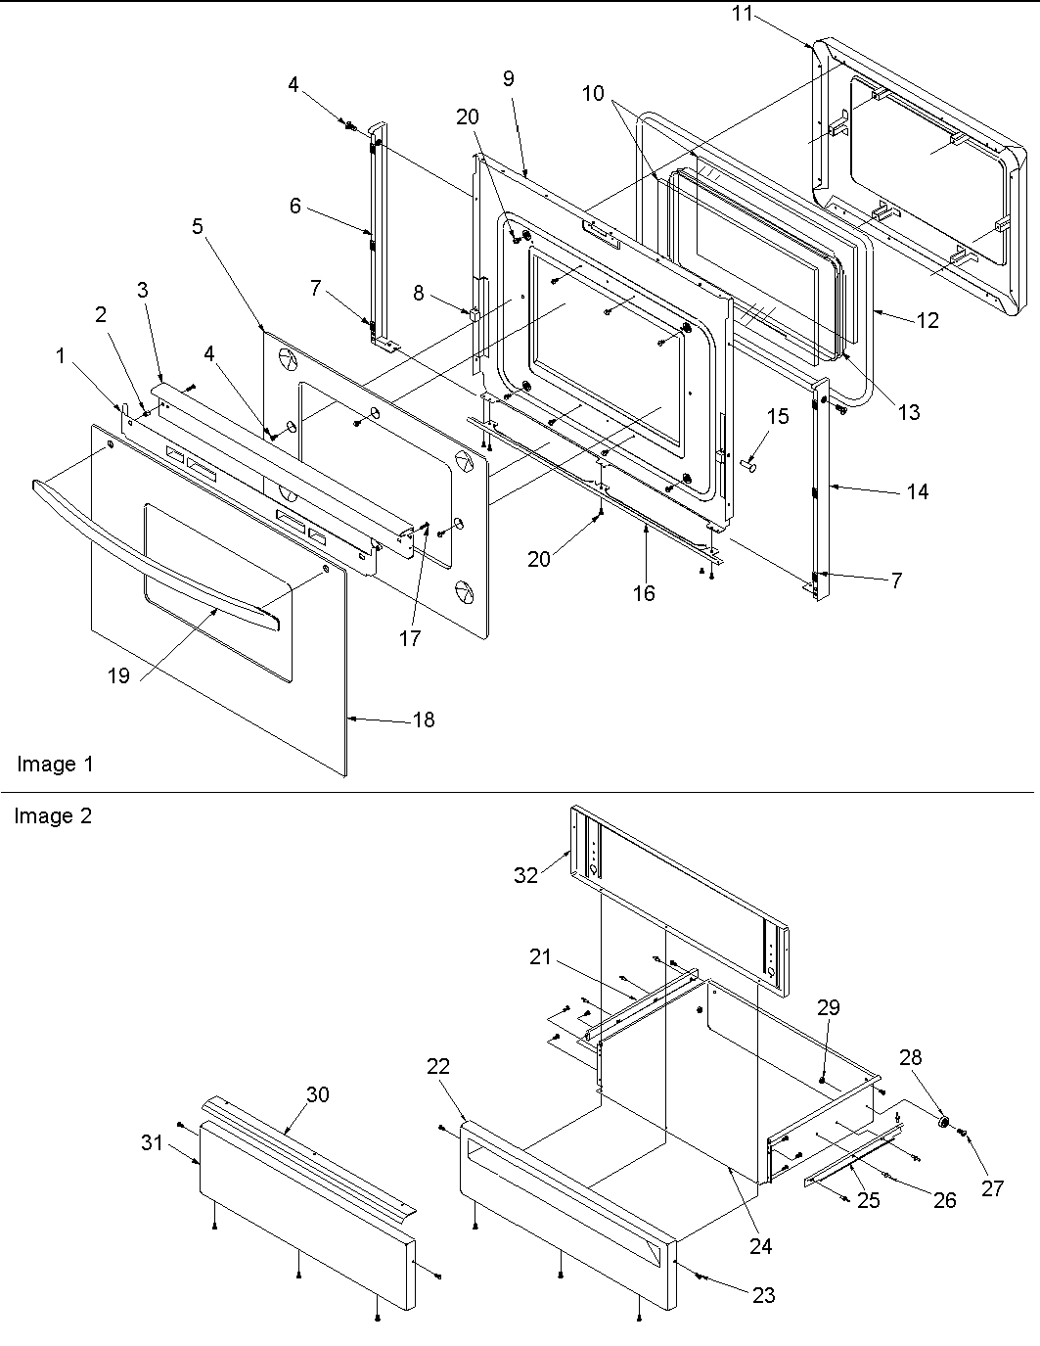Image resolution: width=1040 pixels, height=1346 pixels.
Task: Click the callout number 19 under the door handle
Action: pyautogui.click(x=118, y=676)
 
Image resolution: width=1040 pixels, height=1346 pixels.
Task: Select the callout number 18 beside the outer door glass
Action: pyautogui.click(x=423, y=719)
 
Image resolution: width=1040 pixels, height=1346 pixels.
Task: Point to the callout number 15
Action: pyautogui.click(x=777, y=418)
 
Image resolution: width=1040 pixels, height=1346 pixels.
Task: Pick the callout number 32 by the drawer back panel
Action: pyautogui.click(x=526, y=875)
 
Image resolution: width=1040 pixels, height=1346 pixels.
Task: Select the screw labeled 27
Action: pyautogui.click(x=964, y=1133)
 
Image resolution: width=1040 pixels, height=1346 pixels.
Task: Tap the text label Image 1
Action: pyautogui.click(x=55, y=764)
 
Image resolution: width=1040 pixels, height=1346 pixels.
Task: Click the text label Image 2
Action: pyautogui.click(x=53, y=815)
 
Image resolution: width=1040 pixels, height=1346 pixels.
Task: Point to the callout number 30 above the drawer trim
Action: pyautogui.click(x=318, y=1095)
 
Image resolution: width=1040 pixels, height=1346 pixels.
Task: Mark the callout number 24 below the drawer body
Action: pyautogui.click(x=760, y=1245)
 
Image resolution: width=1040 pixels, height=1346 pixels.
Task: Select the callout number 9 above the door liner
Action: pyautogui.click(x=509, y=78)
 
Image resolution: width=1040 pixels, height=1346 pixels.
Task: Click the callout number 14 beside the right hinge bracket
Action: pyautogui.click(x=917, y=491)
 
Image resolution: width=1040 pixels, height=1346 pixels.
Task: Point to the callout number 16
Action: pyautogui.click(x=644, y=592)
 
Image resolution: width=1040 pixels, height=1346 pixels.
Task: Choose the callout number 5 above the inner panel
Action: pyautogui.click(x=198, y=226)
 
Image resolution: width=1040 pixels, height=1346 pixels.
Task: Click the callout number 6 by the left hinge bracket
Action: pyautogui.click(x=294, y=207)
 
